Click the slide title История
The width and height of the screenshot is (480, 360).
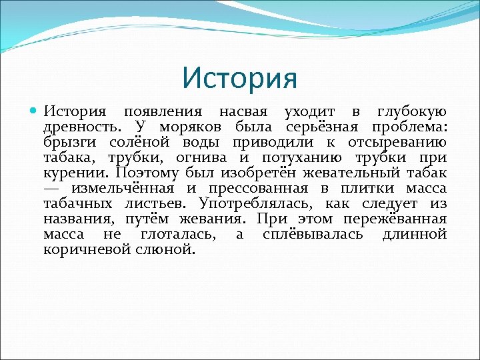point(239,78)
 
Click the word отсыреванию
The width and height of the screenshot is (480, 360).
point(395,142)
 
